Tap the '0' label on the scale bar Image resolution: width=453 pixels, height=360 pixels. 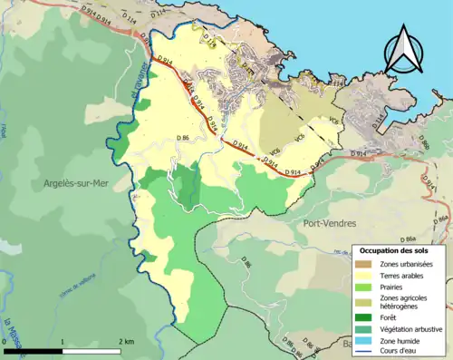point(5,341)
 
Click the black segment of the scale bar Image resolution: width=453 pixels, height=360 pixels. point(34,350)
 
